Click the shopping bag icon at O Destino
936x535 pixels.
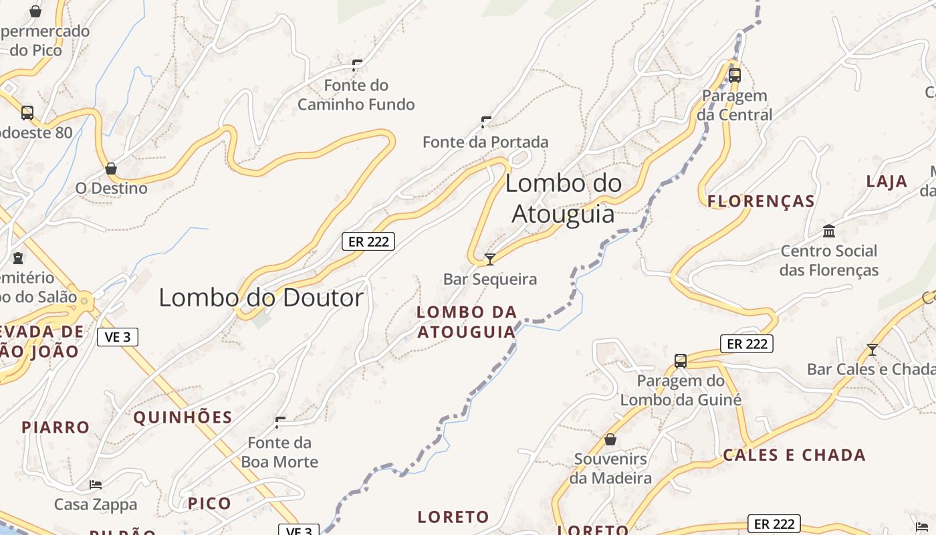click(x=111, y=169)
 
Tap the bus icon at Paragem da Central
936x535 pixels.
click(x=735, y=75)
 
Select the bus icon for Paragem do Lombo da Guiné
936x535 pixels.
click(x=681, y=361)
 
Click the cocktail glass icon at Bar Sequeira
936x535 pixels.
click(x=490, y=259)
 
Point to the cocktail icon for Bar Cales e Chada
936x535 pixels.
click(x=872, y=349)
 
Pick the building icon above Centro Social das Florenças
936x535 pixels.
click(x=829, y=231)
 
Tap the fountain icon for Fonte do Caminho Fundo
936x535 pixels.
click(x=357, y=65)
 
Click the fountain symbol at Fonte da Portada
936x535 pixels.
click(x=486, y=122)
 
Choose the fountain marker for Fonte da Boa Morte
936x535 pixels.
click(x=280, y=422)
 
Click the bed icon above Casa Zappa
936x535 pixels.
click(x=96, y=484)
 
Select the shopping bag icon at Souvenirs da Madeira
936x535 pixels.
click(x=610, y=439)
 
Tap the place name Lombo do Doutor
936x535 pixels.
click(x=261, y=298)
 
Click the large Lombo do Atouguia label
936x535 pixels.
click(x=563, y=199)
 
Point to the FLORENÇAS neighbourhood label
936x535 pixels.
click(x=761, y=201)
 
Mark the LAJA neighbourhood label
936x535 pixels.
click(x=887, y=181)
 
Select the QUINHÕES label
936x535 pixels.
click(x=183, y=418)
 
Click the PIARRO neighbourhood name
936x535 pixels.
click(x=55, y=427)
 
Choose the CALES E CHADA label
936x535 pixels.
click(x=794, y=455)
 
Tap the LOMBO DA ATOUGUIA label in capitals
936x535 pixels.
click(x=467, y=322)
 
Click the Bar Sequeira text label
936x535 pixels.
click(x=490, y=279)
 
